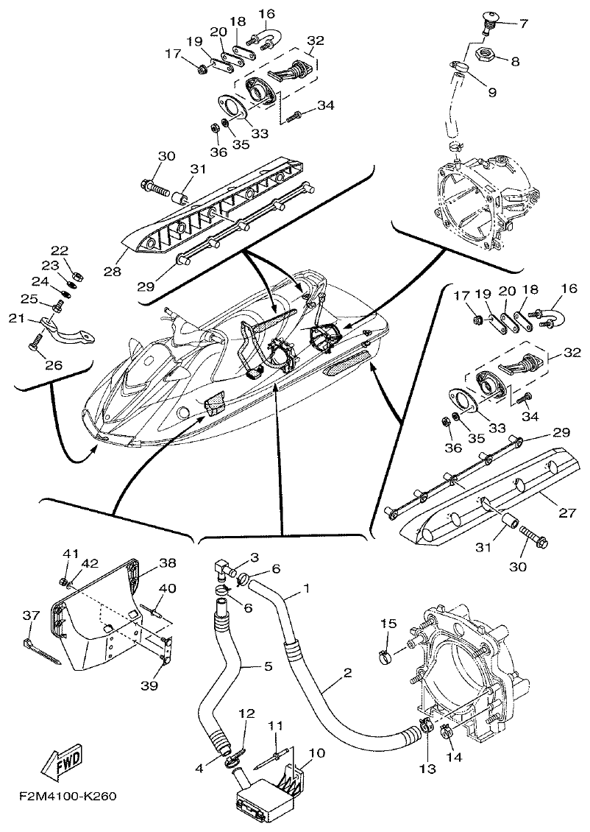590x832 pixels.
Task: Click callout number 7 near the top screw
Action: click(523, 24)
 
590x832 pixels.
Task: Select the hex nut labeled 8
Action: click(486, 54)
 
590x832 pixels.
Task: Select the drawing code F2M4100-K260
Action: click(68, 797)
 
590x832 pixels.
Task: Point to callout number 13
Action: click(428, 769)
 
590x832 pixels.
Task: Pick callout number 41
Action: click(70, 554)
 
